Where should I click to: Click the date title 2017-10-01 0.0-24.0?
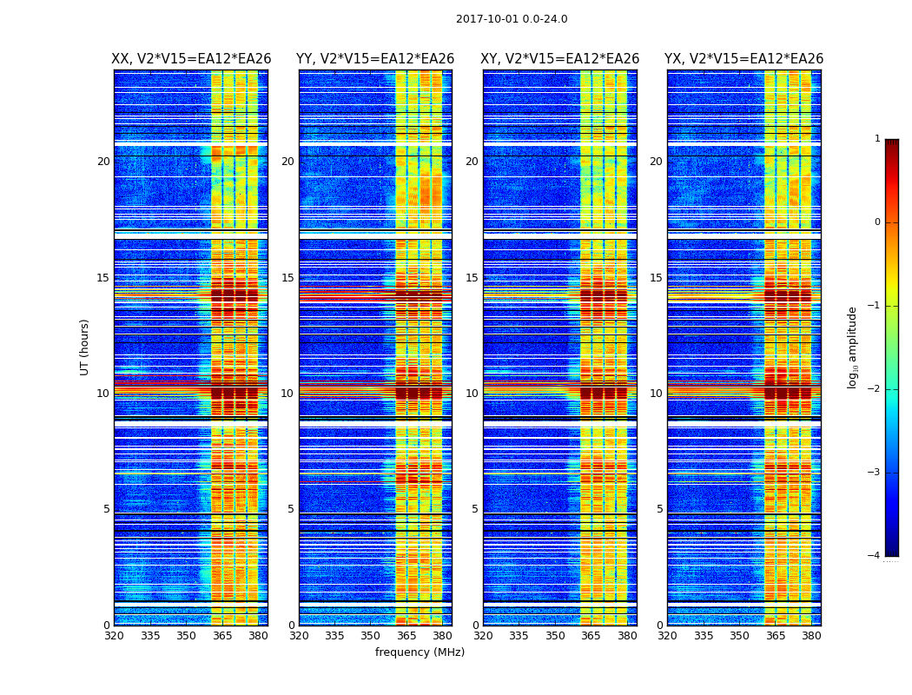point(512,19)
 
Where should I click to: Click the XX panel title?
point(191,59)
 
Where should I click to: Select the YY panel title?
point(375,59)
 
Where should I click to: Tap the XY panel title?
point(559,59)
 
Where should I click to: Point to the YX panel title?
point(743,59)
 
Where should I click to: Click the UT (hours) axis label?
point(85,347)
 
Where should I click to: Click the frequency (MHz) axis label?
point(420,652)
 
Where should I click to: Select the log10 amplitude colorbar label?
point(853,347)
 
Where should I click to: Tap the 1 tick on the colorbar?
point(877,139)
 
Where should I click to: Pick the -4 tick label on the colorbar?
point(875,556)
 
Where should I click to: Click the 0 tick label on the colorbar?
point(877,222)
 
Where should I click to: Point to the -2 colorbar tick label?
point(875,389)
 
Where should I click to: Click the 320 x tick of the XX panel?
point(114,636)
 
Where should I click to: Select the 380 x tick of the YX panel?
point(811,636)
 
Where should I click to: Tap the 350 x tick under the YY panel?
point(371,636)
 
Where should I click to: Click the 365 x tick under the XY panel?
point(591,636)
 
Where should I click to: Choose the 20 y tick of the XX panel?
point(103,162)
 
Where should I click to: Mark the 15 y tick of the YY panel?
point(287,278)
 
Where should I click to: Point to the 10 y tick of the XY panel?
point(472,394)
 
